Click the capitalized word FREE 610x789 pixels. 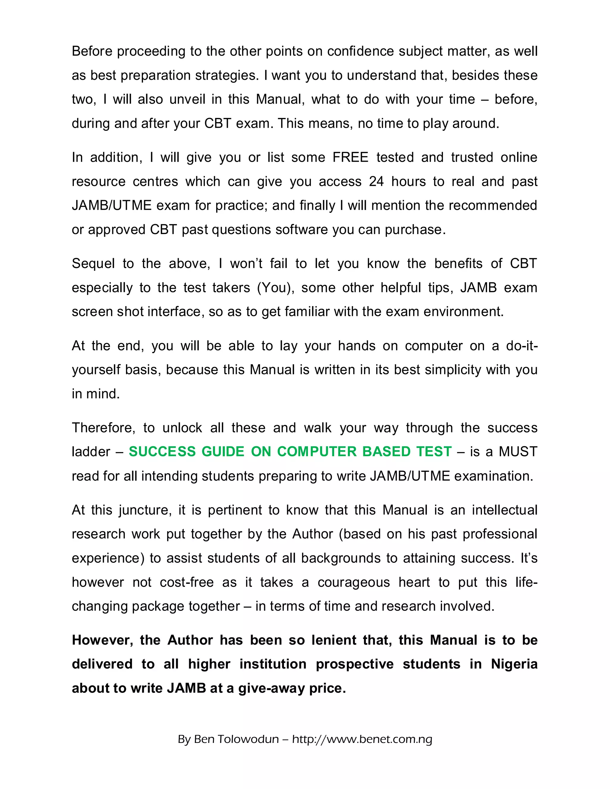click(x=350, y=158)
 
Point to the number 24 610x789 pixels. click(x=376, y=181)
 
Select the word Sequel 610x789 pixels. click(x=93, y=264)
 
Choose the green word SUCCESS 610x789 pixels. click(x=162, y=452)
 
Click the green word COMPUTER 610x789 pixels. click(x=317, y=452)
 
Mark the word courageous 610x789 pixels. click(x=354, y=582)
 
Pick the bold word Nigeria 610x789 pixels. click(x=514, y=664)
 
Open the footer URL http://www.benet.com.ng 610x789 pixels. click(x=362, y=740)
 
